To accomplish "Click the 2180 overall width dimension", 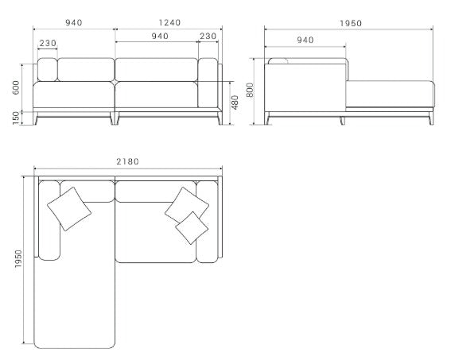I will [x=126, y=161].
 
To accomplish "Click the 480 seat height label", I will [x=234, y=103].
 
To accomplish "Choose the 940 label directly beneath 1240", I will [x=159, y=36].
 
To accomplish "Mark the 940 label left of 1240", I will [x=74, y=23].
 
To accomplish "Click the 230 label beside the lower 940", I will [x=208, y=36].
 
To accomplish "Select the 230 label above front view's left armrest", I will [x=47, y=43].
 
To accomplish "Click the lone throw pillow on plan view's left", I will [x=69, y=208].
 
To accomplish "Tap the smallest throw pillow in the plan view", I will [x=192, y=227].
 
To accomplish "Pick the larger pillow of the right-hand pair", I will [x=186, y=205].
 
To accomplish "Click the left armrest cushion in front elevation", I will [x=46, y=70].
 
